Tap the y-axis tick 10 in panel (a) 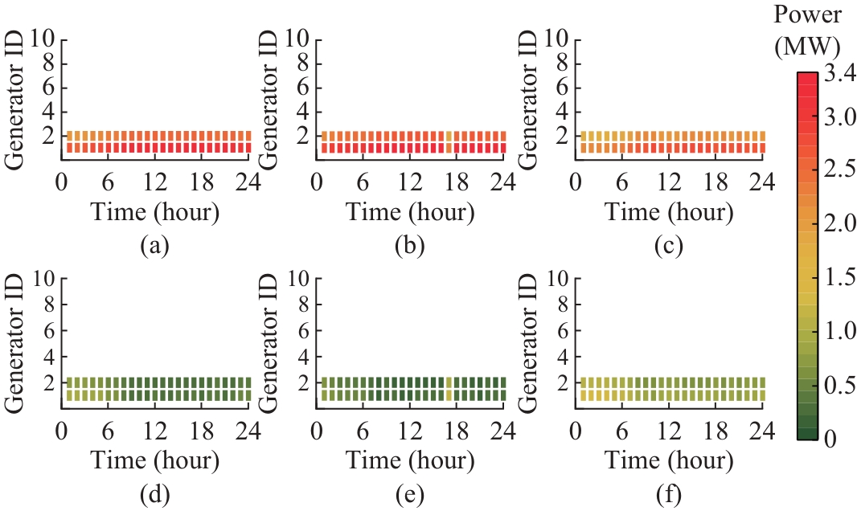click(x=43, y=38)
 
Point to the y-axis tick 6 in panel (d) click(x=48, y=329)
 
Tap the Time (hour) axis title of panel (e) click(x=410, y=460)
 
